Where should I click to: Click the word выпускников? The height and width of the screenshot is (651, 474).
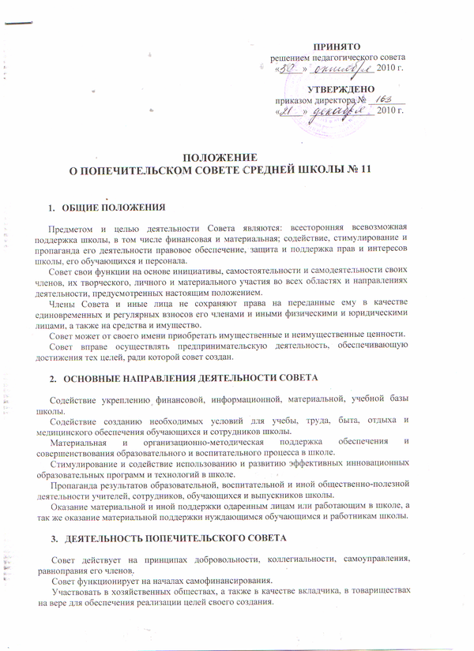click(302, 495)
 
